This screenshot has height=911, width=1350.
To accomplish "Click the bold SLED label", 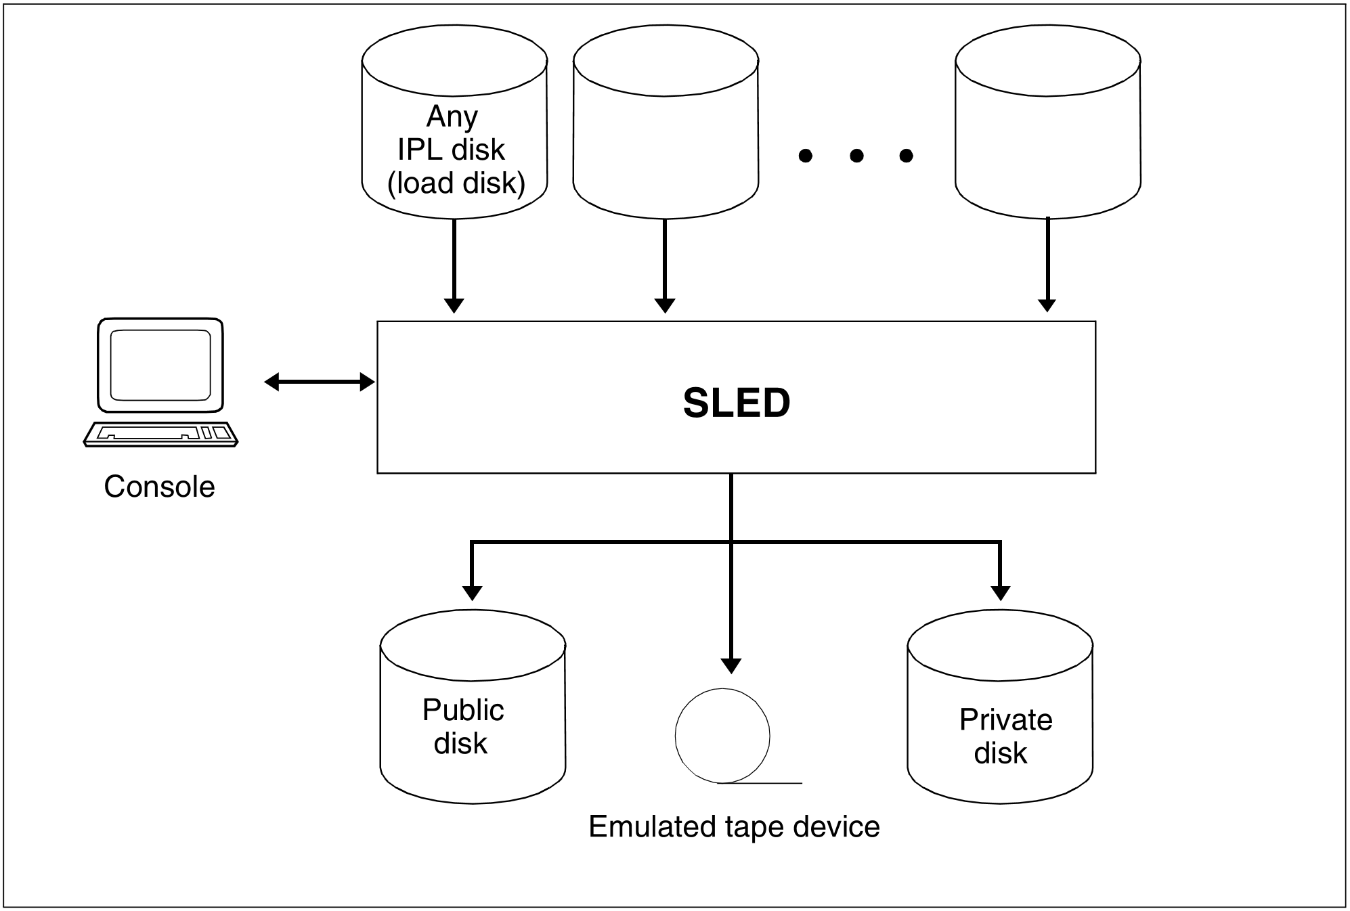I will [737, 403].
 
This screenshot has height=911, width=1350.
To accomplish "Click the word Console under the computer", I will [159, 487].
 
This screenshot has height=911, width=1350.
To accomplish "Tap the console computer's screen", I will [160, 365].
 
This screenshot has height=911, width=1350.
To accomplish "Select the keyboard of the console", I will [160, 434].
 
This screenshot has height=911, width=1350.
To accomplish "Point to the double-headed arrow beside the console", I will [319, 382].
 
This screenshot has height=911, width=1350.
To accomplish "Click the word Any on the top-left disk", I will [452, 116].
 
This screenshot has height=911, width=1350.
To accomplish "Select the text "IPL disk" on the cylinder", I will [451, 150].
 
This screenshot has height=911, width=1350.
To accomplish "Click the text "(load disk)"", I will [456, 183].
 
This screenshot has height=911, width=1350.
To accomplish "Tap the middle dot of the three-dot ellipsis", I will [856, 156].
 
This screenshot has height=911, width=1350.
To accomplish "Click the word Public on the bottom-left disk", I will [463, 710].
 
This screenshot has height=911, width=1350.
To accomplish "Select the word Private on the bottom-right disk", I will [1005, 719].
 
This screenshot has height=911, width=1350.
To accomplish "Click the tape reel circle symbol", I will [722, 736].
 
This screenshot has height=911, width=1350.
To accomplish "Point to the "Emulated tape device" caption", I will [734, 826].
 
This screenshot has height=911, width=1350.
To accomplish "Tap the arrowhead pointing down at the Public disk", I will [472, 592].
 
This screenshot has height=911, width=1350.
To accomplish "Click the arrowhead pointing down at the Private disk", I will [1000, 592].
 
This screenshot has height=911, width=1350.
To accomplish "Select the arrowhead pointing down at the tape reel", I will [731, 665].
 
